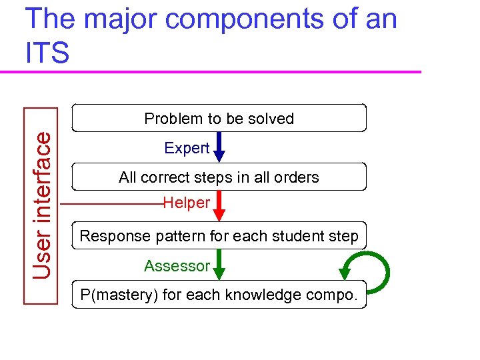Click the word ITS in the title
tap(47, 52)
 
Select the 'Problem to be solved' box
tap(219, 118)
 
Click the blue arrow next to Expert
tap(219, 147)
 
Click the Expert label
tap(187, 148)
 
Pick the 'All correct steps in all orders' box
tap(219, 177)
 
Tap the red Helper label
tap(187, 203)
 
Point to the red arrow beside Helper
tap(219, 206)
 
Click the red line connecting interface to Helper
tap(113, 203)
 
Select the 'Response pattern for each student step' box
tap(219, 235)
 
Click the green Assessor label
tap(177, 266)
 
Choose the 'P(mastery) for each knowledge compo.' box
tap(219, 294)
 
